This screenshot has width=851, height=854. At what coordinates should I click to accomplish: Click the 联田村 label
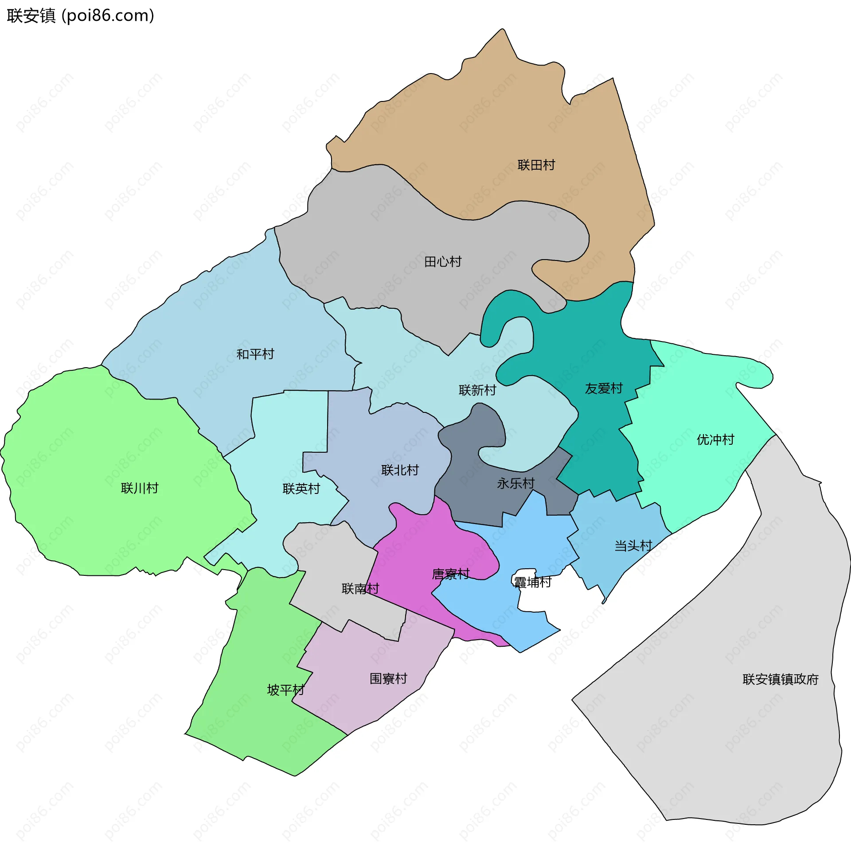536,165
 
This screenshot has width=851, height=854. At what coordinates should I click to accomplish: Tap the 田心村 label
443,262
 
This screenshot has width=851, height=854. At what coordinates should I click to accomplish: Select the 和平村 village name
255,354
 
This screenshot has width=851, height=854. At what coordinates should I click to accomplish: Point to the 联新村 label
477,390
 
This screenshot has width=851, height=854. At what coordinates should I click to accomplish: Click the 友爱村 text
604,388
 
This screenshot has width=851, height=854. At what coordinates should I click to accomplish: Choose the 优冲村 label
715,439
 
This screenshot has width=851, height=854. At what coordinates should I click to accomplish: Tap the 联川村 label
140,488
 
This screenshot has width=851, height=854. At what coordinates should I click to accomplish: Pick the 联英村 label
301,489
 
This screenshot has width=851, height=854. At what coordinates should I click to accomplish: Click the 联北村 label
400,470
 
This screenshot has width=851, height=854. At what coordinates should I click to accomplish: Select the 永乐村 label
516,483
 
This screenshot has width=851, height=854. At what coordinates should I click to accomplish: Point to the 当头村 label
633,546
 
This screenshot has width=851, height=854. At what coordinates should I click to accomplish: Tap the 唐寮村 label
451,574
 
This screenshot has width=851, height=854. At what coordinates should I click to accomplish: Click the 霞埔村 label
533,582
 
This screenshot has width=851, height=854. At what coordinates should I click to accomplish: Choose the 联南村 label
360,589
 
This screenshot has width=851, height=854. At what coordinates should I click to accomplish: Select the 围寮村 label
388,679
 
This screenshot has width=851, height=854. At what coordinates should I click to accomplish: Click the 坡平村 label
286,690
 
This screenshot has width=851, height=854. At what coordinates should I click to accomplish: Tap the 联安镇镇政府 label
781,679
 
